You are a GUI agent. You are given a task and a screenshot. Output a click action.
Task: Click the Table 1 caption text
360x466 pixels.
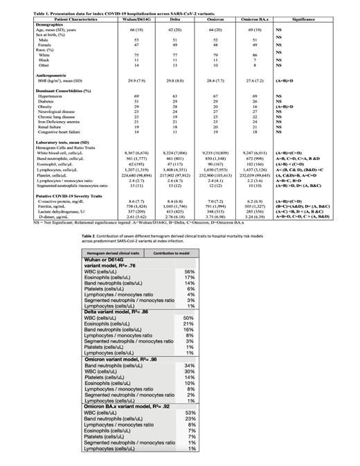click(104, 5)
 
